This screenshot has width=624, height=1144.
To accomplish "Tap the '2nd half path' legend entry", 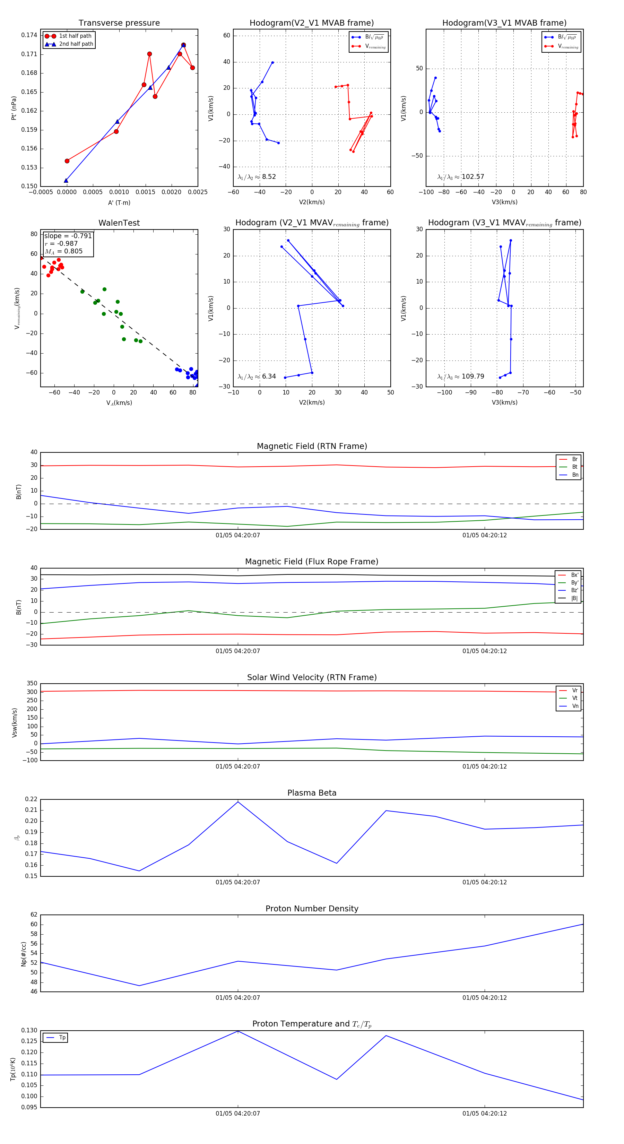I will click(x=76, y=44).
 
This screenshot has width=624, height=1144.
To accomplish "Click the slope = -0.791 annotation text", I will click(x=68, y=236).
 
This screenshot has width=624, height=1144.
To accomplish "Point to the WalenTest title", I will click(x=119, y=223).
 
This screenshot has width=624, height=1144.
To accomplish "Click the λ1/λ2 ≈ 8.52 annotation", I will click(x=257, y=177).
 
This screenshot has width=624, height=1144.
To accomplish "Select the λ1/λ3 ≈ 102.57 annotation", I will click(x=461, y=177).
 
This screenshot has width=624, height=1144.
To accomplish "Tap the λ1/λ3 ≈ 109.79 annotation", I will click(x=461, y=376).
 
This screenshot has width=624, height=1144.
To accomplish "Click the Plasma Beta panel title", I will click(x=312, y=793).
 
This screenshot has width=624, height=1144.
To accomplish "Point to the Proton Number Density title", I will click(x=312, y=909).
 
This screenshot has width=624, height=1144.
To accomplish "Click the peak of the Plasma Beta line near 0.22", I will click(x=238, y=801).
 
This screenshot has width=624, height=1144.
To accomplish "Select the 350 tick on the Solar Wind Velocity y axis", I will click(x=32, y=684).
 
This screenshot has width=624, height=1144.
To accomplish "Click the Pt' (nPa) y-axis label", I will click(x=14, y=108).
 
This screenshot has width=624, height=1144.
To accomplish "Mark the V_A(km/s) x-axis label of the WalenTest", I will click(x=119, y=403).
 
